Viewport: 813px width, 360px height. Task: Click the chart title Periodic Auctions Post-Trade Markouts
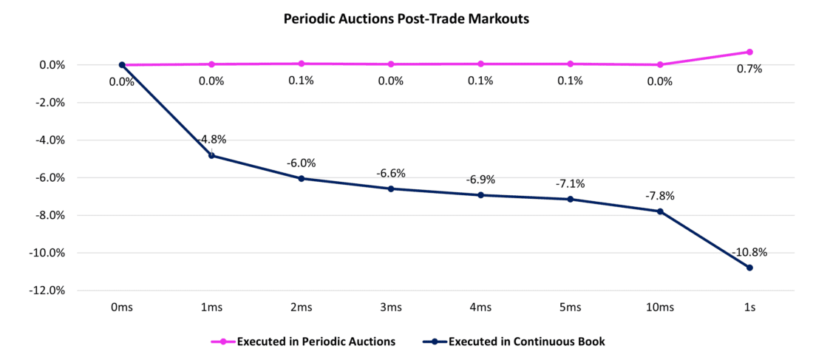coord(406,20)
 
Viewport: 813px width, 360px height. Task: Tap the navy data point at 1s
coord(749,268)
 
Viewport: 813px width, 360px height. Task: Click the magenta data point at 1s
coord(749,52)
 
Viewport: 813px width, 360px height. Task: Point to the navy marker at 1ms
coord(211,155)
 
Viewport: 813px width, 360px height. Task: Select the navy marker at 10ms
coord(660,211)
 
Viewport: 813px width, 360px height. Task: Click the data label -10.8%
coord(749,252)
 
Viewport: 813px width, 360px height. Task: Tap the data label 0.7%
coord(749,69)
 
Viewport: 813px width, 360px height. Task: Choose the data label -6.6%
coord(391,174)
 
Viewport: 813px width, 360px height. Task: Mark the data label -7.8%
coord(660,197)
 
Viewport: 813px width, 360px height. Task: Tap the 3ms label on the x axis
coord(391,307)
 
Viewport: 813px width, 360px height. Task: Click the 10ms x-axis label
coord(660,307)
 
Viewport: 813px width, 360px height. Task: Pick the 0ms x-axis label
coord(122,307)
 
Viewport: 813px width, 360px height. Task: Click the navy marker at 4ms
coord(480,195)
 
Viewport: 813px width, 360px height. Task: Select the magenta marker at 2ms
coord(301,64)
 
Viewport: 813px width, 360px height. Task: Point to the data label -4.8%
coord(212,139)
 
